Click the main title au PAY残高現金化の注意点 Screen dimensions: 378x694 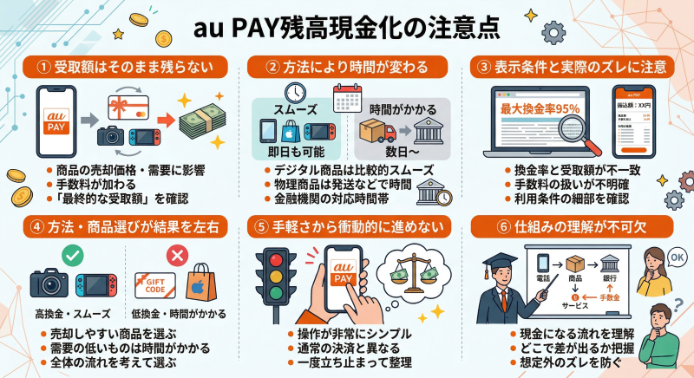click(x=347, y=28)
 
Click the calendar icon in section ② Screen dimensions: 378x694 click(x=347, y=94)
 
